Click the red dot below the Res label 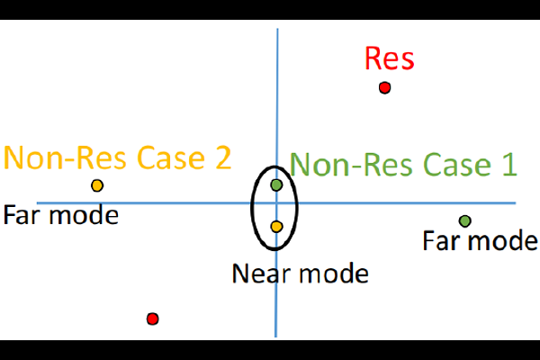(x=384, y=87)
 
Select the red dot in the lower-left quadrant (x=152, y=319)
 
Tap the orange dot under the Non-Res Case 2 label (x=97, y=185)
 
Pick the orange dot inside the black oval (x=276, y=226)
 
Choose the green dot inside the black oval (x=276, y=184)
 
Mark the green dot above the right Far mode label (x=464, y=220)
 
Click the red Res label (x=389, y=59)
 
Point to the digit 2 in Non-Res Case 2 (x=220, y=158)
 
